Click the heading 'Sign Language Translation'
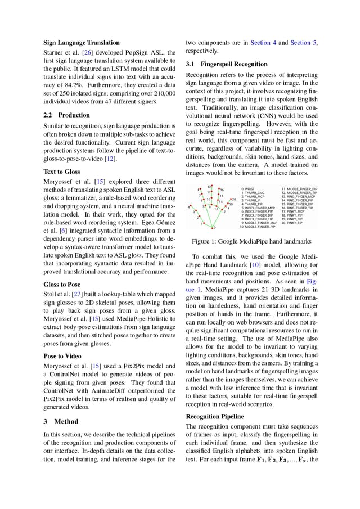pos(82,42)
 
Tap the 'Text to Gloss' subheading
pos(62,172)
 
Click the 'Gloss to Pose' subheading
pos(62,285)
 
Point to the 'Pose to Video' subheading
pos(62,356)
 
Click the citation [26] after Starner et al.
pos(87,53)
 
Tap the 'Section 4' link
pos(264,42)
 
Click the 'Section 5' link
pos(304,42)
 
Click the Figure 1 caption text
pos(251,241)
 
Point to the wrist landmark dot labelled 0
pos(213,228)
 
